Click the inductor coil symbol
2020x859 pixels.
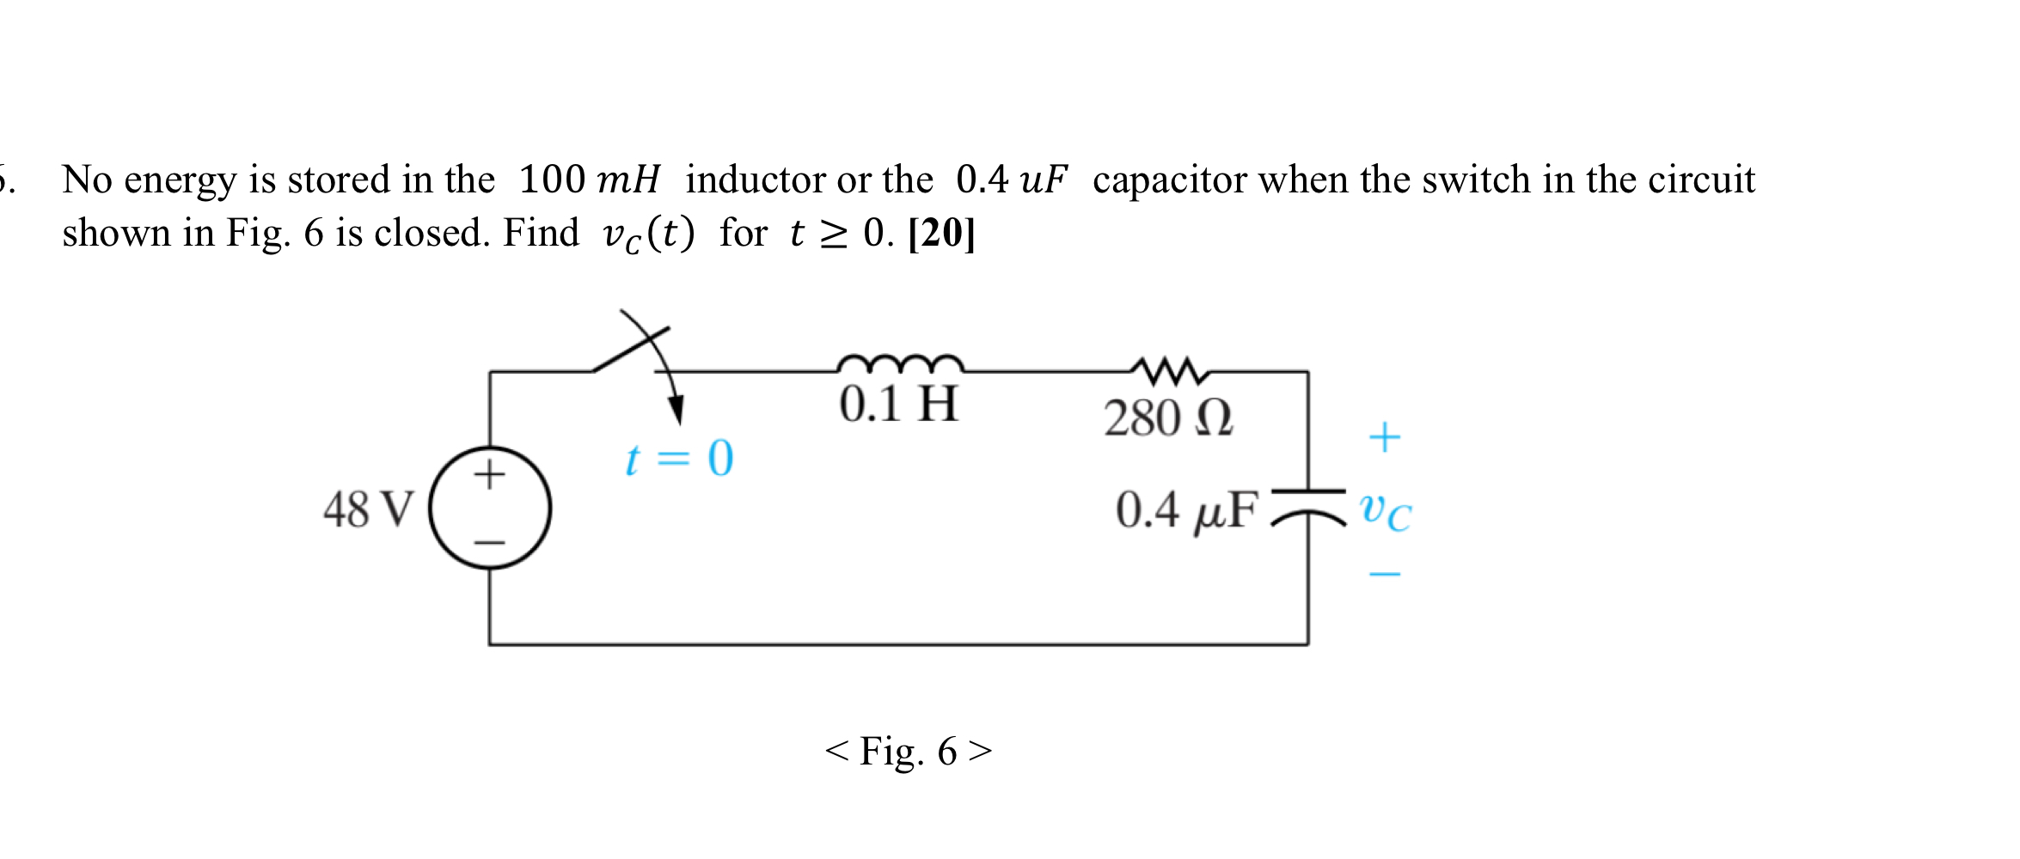click(x=900, y=364)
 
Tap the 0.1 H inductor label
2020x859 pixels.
click(x=898, y=405)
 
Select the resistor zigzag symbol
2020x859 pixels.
click(x=1169, y=370)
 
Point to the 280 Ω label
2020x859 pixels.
click(x=1168, y=419)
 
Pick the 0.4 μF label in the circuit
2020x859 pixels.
click(x=1187, y=510)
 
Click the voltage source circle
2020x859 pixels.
click(x=490, y=508)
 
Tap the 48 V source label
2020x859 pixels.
click(x=369, y=509)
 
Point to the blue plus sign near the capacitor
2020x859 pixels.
click(x=1384, y=437)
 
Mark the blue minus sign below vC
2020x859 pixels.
click(x=1384, y=574)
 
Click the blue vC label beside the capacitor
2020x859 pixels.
click(x=1385, y=512)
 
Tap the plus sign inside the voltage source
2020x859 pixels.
click(x=489, y=473)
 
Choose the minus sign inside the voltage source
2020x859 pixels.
click(x=490, y=543)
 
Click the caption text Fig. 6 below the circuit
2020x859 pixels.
click(x=908, y=752)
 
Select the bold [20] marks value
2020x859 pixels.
click(x=941, y=233)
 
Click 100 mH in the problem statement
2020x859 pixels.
click(x=589, y=180)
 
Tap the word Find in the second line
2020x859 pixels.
click(x=541, y=233)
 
